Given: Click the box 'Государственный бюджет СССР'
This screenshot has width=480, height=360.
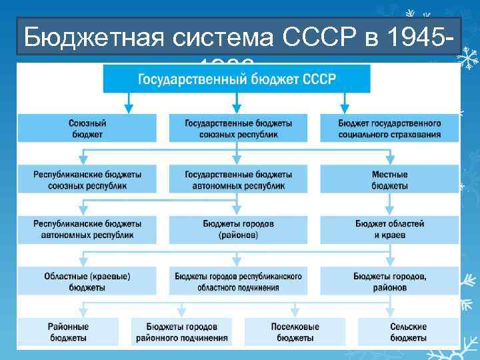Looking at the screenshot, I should click(x=237, y=80).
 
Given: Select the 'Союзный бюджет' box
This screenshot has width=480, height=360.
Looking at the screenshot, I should click(x=87, y=128).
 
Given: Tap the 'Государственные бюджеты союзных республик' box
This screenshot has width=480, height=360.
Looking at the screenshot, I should click(x=238, y=128).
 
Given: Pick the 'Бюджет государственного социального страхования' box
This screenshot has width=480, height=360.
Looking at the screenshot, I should click(x=390, y=128).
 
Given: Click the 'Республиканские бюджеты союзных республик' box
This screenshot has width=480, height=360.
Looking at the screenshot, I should click(x=87, y=179).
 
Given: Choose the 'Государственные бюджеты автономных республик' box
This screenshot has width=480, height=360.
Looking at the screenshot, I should click(x=238, y=179).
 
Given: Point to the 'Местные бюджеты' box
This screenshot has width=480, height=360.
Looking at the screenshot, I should click(x=390, y=179).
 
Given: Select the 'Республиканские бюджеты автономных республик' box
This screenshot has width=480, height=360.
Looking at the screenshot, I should click(x=87, y=229).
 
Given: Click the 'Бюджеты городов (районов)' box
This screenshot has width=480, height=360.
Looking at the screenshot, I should click(x=238, y=229).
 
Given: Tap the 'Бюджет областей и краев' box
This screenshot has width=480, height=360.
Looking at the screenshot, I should click(x=390, y=229).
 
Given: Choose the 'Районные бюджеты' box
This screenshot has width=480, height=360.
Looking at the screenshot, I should click(x=67, y=332).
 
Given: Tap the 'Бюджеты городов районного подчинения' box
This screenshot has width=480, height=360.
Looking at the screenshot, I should click(x=181, y=332).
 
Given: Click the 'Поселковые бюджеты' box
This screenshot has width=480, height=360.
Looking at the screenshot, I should click(x=295, y=332).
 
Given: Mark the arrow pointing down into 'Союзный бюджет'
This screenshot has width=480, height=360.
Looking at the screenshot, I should click(x=129, y=105).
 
